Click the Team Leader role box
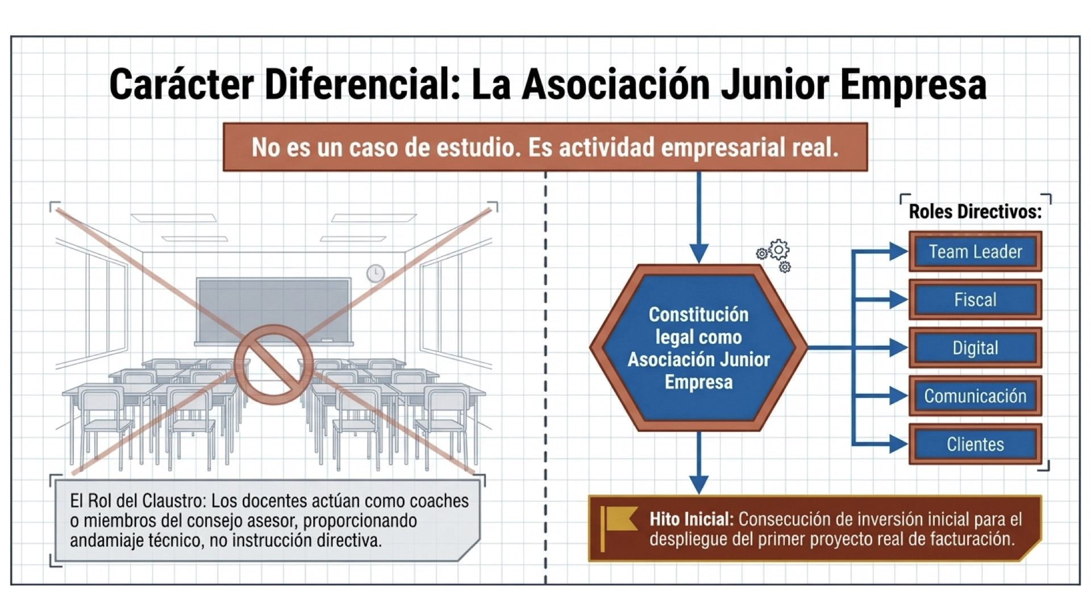[975, 251]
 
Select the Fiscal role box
[975, 300]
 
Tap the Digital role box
[975, 348]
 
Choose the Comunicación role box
[975, 396]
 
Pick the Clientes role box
[975, 444]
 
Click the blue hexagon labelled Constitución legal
[698, 348]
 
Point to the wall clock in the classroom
[375, 274]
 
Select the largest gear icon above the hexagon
[778, 250]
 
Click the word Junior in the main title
[774, 85]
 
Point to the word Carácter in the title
[181, 85]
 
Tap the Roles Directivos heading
[975, 212]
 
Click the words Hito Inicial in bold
[692, 519]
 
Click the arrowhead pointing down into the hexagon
[698, 253]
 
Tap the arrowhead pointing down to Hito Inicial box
[698, 485]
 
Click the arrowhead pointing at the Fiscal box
[898, 300]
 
